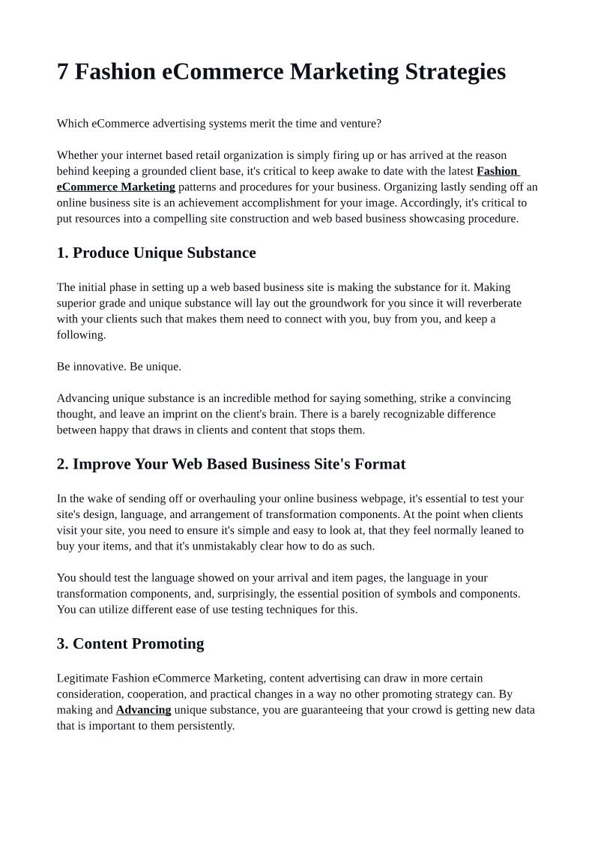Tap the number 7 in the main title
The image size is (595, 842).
click(63, 72)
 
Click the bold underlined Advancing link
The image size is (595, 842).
click(143, 709)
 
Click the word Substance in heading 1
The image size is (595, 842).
click(220, 253)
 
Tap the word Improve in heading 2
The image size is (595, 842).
click(101, 464)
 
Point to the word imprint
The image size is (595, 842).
click(217, 414)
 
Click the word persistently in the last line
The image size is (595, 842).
click(206, 725)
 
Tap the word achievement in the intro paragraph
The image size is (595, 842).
click(228, 202)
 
